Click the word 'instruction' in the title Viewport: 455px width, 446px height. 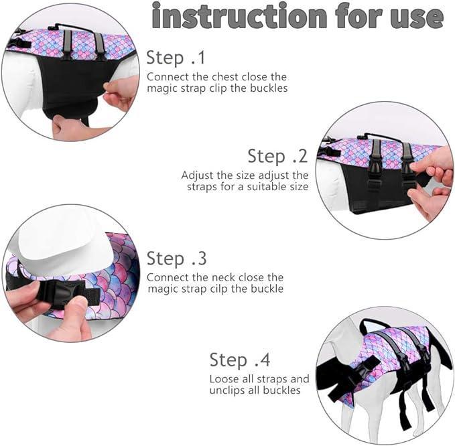(x=239, y=15)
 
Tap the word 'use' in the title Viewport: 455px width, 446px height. (x=416, y=17)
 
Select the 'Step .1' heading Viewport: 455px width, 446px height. (x=176, y=58)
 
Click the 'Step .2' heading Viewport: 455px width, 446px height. (x=277, y=156)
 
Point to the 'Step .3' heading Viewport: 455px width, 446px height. (x=177, y=258)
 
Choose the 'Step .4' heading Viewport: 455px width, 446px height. (x=240, y=360)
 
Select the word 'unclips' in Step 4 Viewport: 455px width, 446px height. (x=229, y=390)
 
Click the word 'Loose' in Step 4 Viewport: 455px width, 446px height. (x=223, y=379)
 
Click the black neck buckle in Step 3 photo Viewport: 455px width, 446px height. (x=68, y=293)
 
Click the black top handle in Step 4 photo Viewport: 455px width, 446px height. (x=369, y=324)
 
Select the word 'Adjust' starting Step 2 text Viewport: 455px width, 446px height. (x=197, y=176)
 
